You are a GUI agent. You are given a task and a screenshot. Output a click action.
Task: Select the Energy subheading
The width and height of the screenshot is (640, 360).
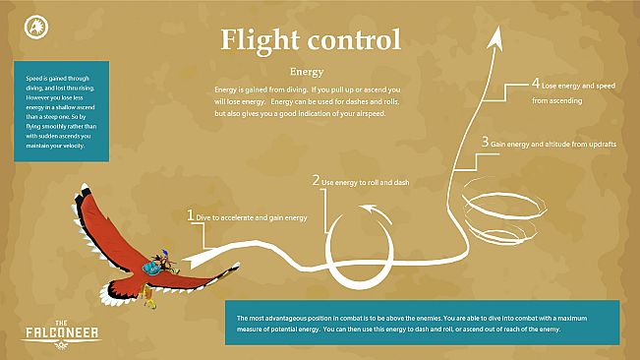pos(307,72)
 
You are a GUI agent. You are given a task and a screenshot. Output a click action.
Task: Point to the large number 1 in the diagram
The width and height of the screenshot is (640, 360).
pos(191,213)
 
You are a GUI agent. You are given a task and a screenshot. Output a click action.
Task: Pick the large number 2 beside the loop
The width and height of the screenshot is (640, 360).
pos(316,181)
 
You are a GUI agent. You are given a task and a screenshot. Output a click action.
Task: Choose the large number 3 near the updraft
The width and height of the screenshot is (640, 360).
pos(485,142)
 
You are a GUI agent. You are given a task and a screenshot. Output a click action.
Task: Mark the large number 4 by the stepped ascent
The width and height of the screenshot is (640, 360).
pos(535,84)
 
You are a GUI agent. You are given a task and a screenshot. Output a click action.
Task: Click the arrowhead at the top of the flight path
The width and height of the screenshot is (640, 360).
pos(496,36)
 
